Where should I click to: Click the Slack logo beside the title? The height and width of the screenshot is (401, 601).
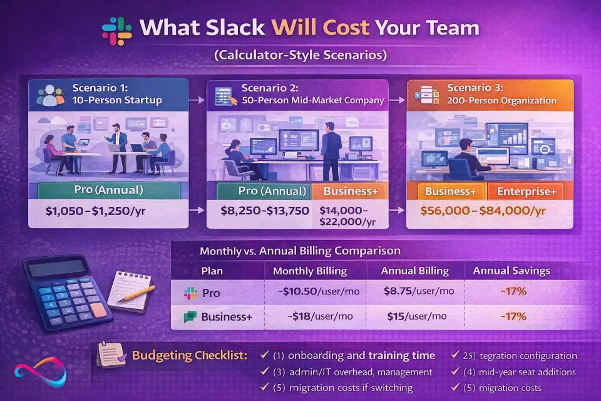116,29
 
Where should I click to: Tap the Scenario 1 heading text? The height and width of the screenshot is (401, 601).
99,88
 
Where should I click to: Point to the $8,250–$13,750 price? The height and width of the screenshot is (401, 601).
265,211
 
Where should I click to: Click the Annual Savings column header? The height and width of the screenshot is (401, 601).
511,271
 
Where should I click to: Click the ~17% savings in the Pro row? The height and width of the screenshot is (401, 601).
512,292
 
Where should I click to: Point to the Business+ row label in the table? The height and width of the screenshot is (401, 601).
226,317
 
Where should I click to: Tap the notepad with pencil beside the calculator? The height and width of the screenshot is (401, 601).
130,289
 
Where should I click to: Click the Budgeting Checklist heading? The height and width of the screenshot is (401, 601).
190,356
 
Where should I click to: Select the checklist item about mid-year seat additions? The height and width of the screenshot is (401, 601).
523,372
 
